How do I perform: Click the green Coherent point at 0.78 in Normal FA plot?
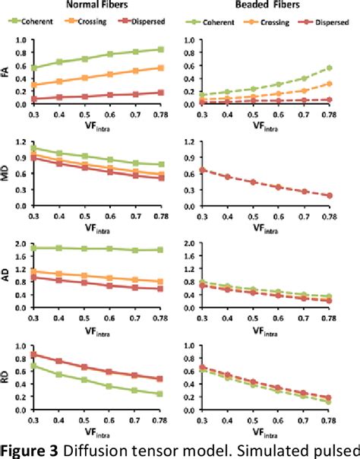161,49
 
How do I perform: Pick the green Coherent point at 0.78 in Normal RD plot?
161,394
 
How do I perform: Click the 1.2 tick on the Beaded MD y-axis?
194,143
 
